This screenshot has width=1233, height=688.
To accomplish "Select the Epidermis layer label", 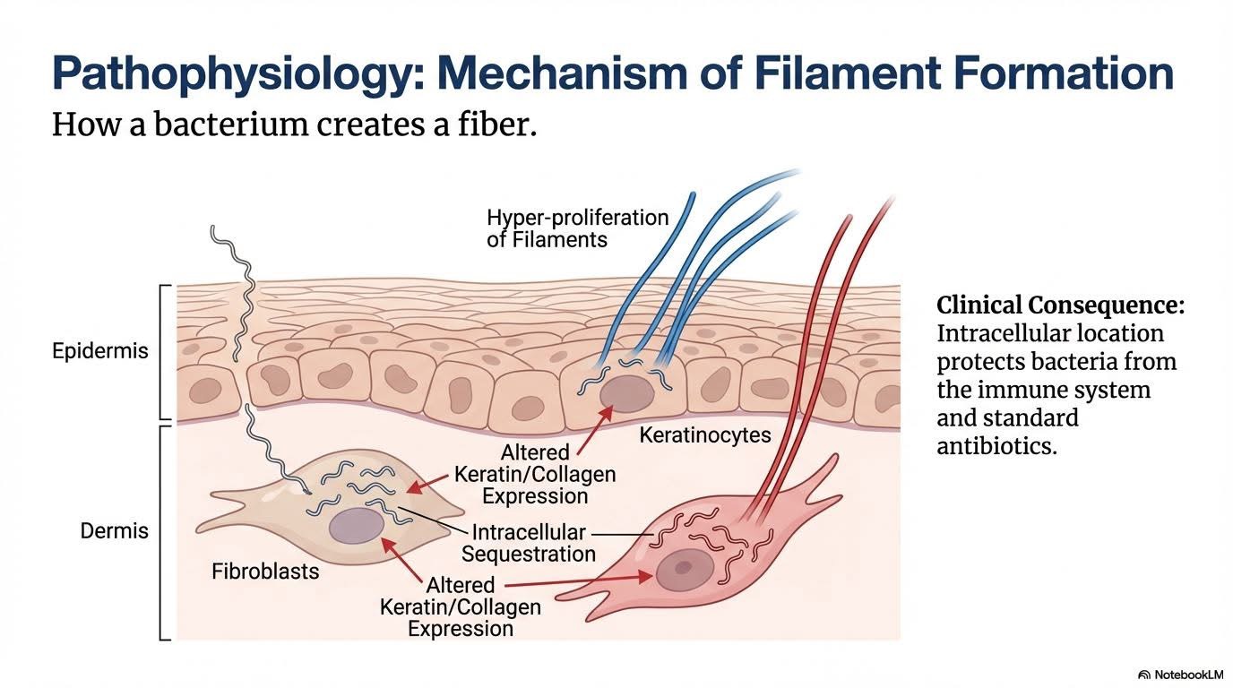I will [100, 350].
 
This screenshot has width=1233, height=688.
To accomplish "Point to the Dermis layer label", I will [114, 530].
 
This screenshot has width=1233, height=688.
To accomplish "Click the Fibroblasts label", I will [265, 571].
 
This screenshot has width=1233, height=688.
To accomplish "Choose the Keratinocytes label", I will [705, 436].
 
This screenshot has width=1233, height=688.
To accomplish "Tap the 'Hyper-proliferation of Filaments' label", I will [577, 228].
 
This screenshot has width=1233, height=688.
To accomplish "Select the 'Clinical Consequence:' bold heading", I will [1060, 305].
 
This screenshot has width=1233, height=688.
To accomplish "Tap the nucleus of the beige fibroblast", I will [356, 526].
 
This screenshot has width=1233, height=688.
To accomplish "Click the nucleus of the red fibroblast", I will [684, 568].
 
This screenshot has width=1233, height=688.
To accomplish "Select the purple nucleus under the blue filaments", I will [627, 393].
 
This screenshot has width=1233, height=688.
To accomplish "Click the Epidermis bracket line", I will [162, 351].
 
